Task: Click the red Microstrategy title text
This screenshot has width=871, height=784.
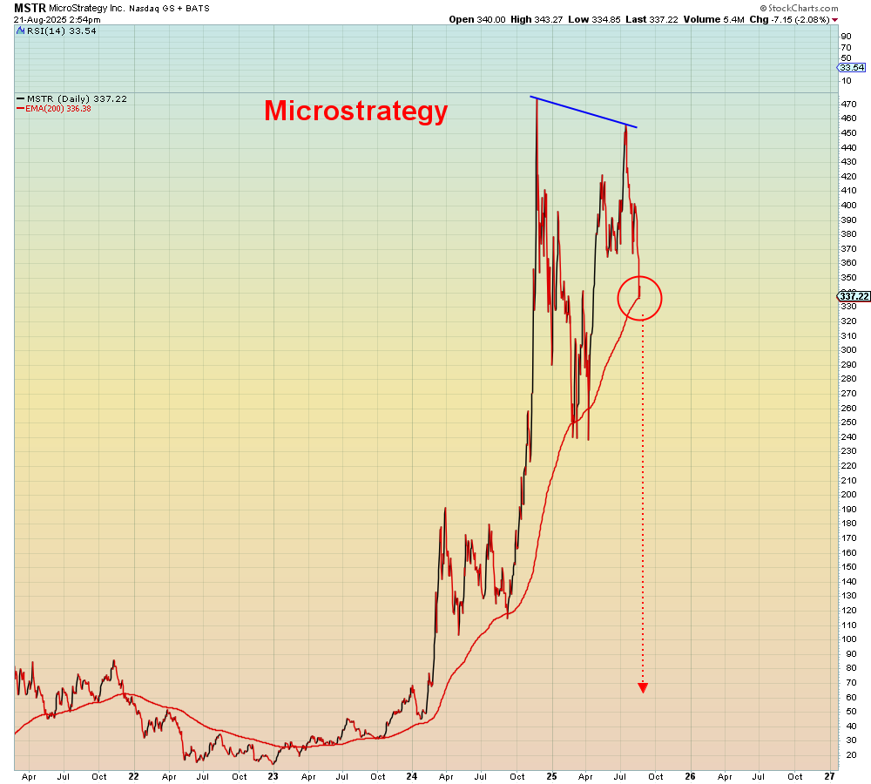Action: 355,111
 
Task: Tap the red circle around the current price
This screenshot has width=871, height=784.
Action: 640,298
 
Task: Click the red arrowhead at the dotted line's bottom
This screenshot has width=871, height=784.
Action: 643,687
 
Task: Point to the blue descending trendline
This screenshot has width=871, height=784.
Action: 584,112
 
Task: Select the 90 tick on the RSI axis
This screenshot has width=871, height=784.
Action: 845,36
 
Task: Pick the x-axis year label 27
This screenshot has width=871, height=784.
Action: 829,774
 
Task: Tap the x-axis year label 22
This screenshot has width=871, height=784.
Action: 133,774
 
